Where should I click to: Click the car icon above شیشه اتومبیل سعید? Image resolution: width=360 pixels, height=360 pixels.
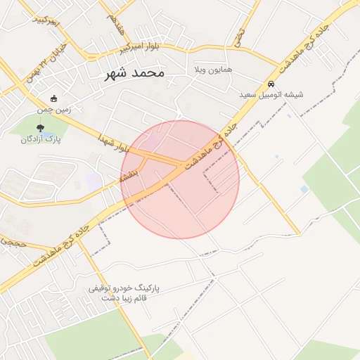click(x=271, y=83)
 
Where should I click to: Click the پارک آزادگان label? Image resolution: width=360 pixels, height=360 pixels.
click(x=39, y=139)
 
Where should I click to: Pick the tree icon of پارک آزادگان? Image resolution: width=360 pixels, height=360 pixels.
click(x=39, y=127)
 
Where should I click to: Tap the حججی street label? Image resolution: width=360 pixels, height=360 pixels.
click(x=13, y=241)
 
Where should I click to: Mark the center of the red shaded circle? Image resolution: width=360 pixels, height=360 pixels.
click(x=180, y=179)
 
